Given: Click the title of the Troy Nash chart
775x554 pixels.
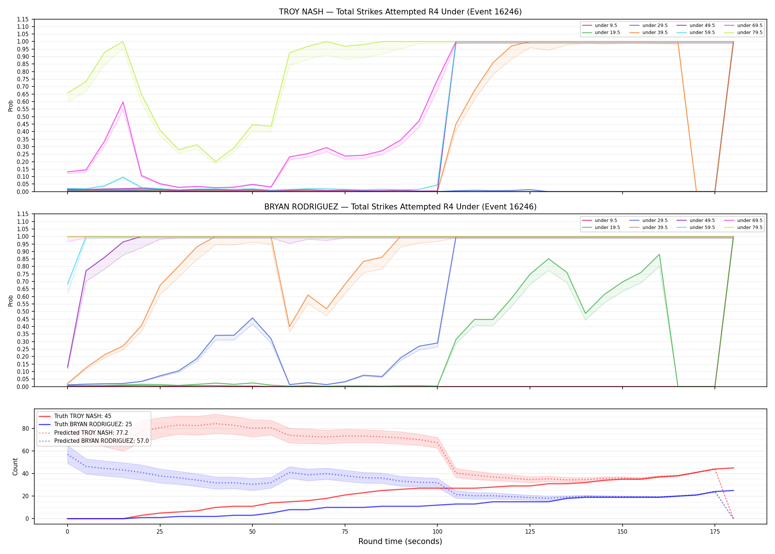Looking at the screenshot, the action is [400, 12].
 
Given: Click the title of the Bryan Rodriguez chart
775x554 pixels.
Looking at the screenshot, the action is [400, 207].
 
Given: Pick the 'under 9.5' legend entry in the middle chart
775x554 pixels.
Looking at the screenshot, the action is [599, 220].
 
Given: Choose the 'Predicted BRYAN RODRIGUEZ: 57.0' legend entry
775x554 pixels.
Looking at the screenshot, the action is [94, 441].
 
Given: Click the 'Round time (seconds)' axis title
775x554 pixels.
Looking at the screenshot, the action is [400, 541].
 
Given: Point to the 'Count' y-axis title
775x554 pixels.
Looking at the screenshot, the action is [15, 466].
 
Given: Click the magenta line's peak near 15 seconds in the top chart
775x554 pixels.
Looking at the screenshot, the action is [123, 102].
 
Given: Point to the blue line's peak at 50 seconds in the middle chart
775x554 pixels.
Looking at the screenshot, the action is [252, 318].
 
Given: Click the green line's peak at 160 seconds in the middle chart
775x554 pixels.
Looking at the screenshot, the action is [659, 254].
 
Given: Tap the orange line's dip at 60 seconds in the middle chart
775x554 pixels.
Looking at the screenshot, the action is [290, 327].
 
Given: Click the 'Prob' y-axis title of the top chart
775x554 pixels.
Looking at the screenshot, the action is [11, 106].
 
